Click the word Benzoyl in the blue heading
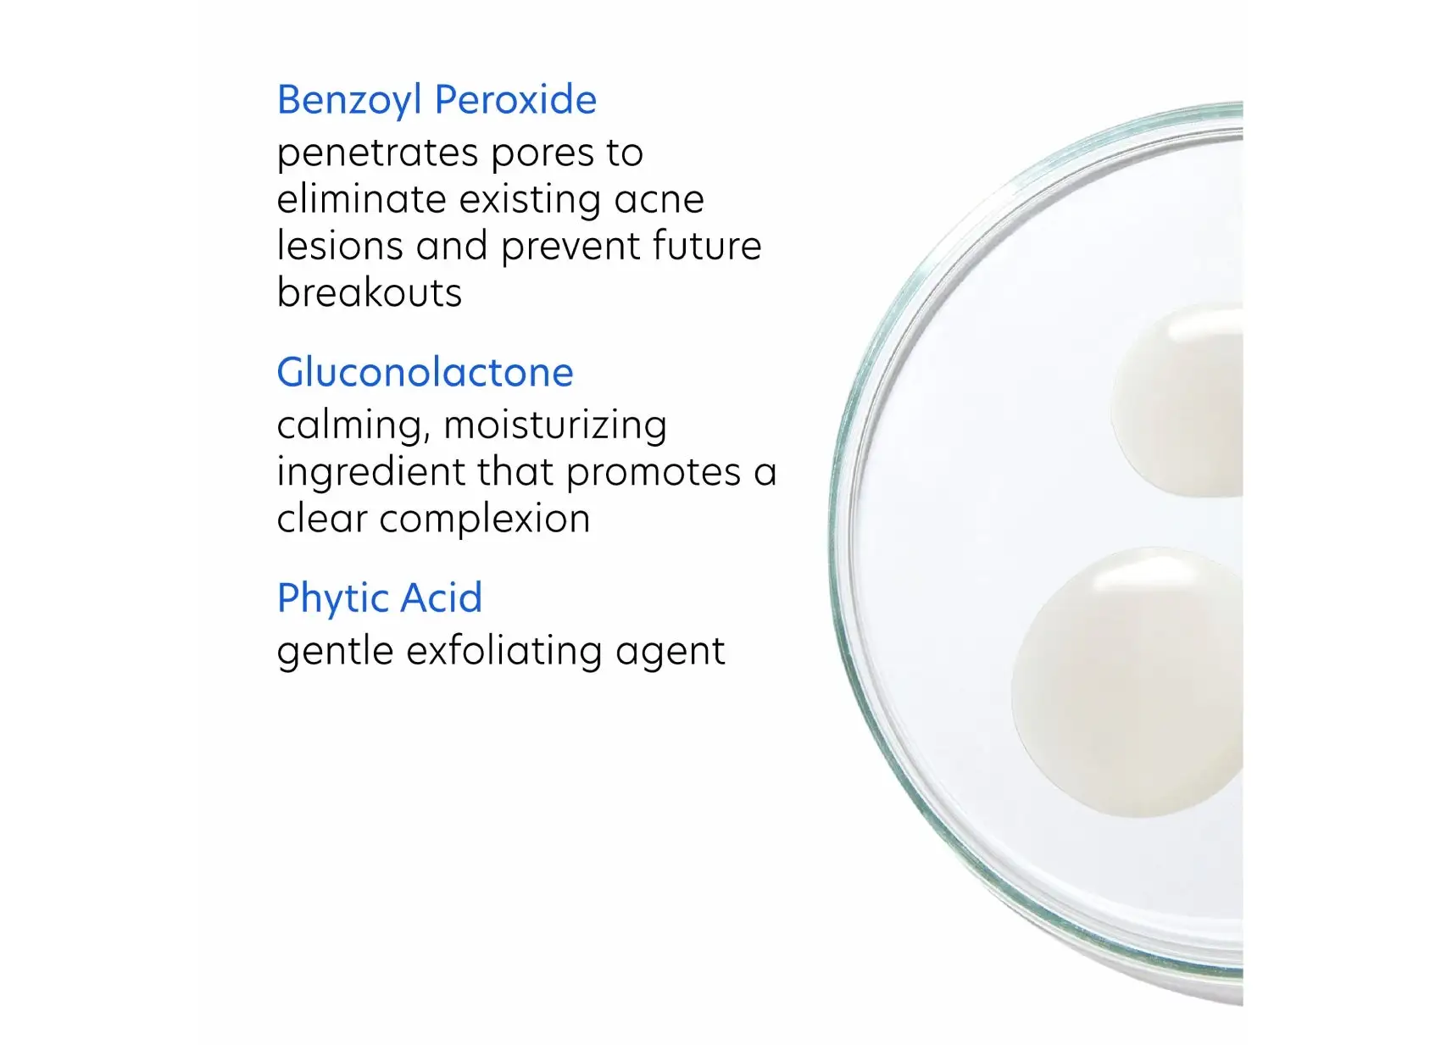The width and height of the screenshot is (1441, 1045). click(349, 100)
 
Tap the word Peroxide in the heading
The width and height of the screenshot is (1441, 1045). click(516, 100)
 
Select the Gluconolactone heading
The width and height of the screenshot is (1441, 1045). click(425, 372)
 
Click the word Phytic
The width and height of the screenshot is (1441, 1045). click(332, 598)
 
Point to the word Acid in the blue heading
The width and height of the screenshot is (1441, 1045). click(441, 598)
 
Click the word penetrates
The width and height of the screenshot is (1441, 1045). click(377, 154)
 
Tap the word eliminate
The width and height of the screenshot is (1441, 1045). click(362, 198)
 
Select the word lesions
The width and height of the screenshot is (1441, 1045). click(340, 246)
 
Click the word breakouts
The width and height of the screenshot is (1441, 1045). click(370, 292)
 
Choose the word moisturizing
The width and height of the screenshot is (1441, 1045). click(555, 425)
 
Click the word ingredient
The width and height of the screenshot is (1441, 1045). click(370, 473)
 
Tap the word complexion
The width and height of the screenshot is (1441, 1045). click(484, 520)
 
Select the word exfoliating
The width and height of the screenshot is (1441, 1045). click(504, 651)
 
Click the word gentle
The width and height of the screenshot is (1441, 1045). click(335, 652)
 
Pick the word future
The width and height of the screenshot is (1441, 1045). click(706, 246)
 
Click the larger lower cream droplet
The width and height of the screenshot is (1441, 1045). click(1127, 682)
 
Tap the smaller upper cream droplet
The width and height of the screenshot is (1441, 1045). click(1177, 399)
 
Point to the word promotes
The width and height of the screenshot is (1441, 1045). click(654, 474)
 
